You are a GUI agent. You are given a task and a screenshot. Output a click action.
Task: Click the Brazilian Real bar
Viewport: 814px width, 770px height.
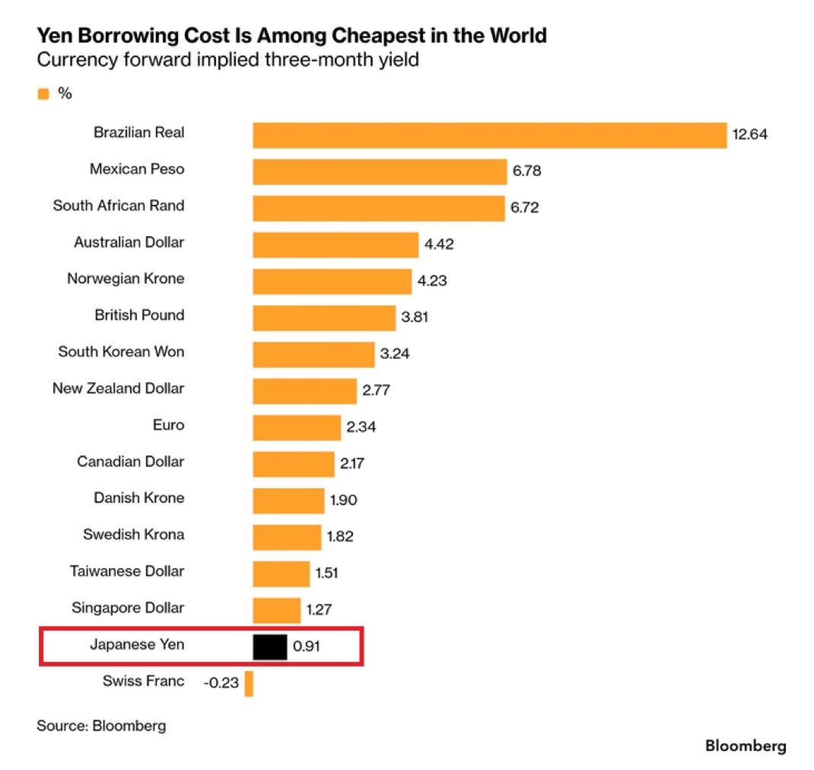coord(490,135)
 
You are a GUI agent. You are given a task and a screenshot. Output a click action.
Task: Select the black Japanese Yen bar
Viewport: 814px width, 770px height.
coord(270,647)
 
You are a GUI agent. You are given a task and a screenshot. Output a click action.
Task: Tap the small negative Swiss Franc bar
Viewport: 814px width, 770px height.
coord(249,683)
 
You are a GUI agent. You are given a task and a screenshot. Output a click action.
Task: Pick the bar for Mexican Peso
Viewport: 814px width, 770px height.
coord(380,171)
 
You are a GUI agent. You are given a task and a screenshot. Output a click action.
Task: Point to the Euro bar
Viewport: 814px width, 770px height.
coord(297,427)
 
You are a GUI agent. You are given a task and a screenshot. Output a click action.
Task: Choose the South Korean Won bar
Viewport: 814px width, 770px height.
coord(313,354)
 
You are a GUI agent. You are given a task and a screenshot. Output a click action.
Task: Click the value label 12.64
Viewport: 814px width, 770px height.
coord(749,135)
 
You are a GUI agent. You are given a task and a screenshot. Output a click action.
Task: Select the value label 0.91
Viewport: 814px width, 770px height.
coord(307,647)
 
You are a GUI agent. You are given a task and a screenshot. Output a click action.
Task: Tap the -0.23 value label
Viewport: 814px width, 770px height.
coord(221,682)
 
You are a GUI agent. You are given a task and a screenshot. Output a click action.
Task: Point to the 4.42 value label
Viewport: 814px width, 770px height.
coord(439,244)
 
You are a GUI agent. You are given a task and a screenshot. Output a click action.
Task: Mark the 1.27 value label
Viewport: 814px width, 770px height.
coord(319,609)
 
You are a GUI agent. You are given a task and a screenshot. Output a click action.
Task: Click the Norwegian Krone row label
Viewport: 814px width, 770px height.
coord(126,279)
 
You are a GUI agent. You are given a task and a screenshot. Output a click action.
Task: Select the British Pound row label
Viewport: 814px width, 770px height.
coord(139,315)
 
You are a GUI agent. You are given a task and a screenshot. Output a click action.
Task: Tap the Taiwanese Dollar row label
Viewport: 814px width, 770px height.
coord(127,571)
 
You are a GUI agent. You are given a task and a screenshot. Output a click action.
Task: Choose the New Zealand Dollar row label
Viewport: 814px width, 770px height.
coord(119,388)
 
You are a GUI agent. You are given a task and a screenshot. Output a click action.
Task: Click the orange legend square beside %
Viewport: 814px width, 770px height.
coord(43,94)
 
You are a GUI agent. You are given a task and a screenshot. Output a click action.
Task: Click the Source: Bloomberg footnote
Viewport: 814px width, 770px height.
coord(101,726)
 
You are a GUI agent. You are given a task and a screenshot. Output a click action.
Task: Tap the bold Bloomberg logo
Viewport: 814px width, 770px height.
coord(746,746)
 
